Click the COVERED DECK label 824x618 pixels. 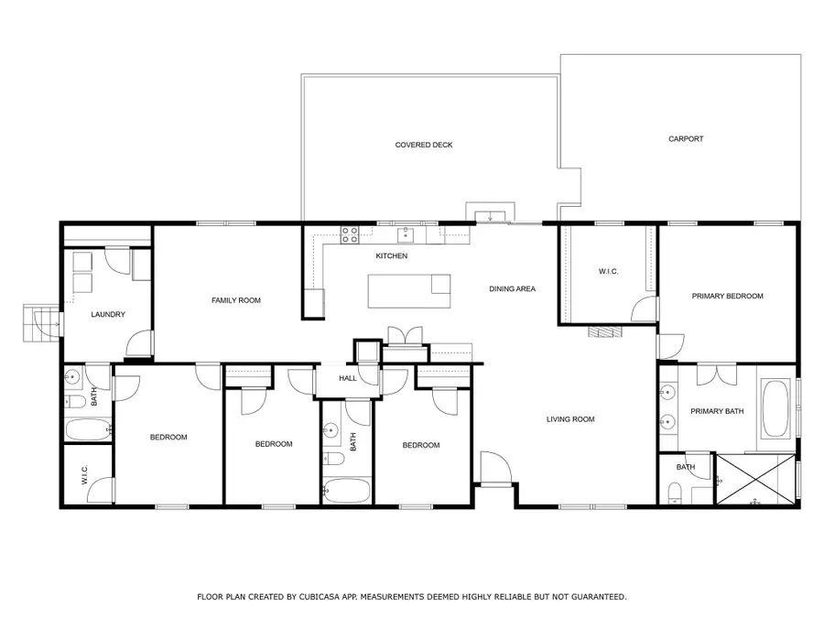coord(424,145)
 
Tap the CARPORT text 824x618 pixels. coord(686,139)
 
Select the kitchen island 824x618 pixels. coord(409,291)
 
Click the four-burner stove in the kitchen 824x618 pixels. coord(350,234)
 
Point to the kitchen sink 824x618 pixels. coord(406,235)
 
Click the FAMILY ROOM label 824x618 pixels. coord(236,300)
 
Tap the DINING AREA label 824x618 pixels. coord(512,288)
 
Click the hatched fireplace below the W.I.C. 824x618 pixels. coord(603,331)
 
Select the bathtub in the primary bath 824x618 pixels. coord(776,409)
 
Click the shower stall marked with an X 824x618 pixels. coord(755,481)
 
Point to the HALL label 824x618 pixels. coord(348,378)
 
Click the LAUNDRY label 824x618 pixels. coord(108,315)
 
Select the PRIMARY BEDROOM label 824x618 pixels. coord(727,296)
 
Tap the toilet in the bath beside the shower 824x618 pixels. coord(676,494)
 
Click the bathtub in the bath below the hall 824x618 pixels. coord(346,490)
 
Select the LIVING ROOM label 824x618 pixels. coord(570,419)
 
